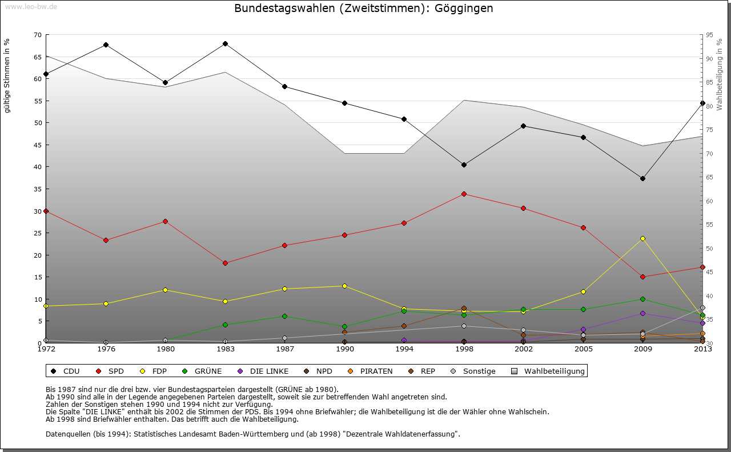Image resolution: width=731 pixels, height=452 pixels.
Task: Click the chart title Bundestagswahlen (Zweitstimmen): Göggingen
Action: (x=364, y=9)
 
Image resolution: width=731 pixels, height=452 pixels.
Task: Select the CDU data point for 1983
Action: (x=225, y=43)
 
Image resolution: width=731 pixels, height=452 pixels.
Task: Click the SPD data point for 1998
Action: (x=464, y=194)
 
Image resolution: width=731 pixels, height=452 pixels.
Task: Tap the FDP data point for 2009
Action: (x=642, y=238)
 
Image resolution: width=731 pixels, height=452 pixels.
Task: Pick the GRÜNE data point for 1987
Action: (x=284, y=316)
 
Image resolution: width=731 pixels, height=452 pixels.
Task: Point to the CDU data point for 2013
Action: (x=702, y=103)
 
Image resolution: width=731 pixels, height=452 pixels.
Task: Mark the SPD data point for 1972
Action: (x=46, y=211)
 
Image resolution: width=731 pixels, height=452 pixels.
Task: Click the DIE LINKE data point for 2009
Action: (x=642, y=313)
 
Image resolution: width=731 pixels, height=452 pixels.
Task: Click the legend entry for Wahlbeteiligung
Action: (x=549, y=371)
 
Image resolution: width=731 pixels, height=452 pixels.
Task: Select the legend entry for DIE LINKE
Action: (x=263, y=371)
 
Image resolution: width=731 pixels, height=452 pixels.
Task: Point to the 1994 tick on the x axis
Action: (x=404, y=349)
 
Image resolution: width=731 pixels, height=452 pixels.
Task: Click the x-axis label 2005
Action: (x=583, y=349)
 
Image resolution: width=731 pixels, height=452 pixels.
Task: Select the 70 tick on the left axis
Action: (x=38, y=35)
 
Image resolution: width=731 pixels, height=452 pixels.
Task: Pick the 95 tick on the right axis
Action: (x=709, y=35)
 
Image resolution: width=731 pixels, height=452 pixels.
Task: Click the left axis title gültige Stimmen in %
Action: (x=7, y=75)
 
